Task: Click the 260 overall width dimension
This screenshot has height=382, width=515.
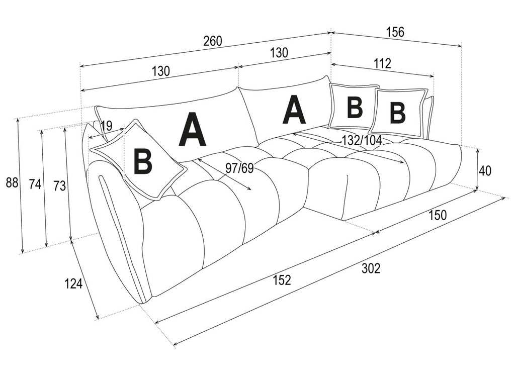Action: pos(213,41)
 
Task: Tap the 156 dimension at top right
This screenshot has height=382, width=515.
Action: pos(394,32)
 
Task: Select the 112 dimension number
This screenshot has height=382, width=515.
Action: pos(382,63)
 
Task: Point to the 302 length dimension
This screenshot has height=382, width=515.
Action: pos(371,268)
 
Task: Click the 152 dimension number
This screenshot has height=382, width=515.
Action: pos(282,280)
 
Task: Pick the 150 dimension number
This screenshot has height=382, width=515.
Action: pos(438,215)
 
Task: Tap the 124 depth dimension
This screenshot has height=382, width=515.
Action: pos(73,283)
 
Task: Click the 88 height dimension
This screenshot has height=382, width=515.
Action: pos(12,183)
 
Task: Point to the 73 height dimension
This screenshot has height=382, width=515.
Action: pos(60,186)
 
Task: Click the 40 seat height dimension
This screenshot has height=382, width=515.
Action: pos(485,171)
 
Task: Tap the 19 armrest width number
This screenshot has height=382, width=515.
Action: pos(107,125)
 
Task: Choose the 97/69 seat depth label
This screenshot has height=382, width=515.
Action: pos(239,168)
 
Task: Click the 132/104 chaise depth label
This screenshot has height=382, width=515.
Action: pos(362,140)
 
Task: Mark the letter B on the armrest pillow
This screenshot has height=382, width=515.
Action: pos(143,161)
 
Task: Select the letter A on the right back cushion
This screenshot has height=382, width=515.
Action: pos(294,109)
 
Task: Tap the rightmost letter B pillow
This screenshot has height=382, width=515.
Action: pos(397,112)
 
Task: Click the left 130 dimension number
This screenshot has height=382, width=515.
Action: pos(160,70)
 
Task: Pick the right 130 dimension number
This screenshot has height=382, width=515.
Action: pos(279,52)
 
